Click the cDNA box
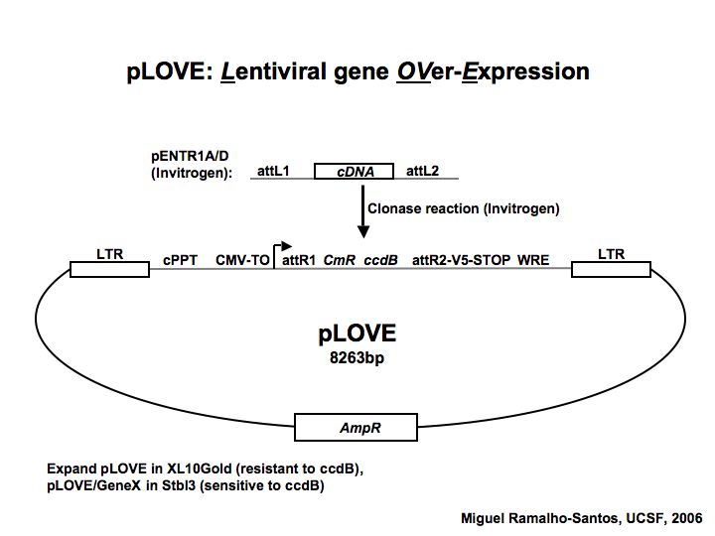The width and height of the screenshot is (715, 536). (356, 172)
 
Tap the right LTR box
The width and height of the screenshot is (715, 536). (611, 269)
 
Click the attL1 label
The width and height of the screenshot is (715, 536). (273, 172)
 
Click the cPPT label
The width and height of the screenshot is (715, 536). (181, 260)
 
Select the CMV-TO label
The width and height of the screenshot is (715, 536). (242, 260)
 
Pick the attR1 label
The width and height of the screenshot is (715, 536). (299, 260)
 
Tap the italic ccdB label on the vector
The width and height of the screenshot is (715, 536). (380, 260)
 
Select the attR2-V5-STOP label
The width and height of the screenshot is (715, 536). (461, 260)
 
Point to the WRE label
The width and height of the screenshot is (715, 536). (533, 260)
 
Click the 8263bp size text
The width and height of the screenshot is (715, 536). (357, 358)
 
